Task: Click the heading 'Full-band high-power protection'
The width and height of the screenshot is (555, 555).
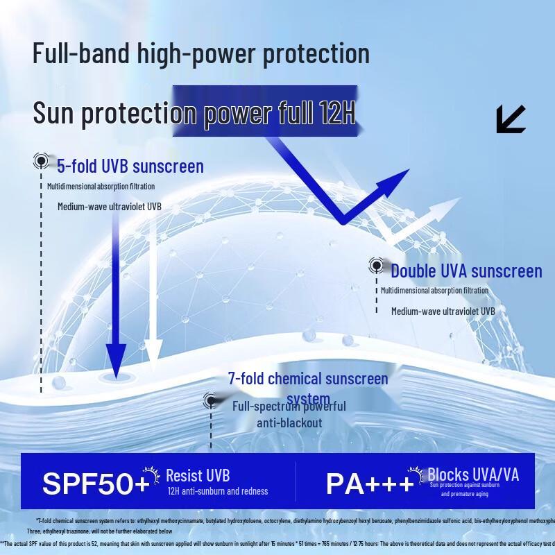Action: (201, 53)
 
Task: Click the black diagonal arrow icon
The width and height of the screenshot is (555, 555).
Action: (511, 119)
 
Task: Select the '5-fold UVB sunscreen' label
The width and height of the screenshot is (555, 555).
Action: (130, 166)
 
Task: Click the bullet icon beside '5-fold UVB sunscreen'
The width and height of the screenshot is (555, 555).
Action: (42, 162)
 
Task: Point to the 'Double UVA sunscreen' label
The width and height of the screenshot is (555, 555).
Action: (466, 271)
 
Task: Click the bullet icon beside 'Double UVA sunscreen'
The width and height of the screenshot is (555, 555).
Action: (376, 265)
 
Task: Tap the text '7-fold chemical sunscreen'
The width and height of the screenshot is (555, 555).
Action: (308, 379)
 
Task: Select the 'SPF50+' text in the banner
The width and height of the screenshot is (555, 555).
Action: (96, 484)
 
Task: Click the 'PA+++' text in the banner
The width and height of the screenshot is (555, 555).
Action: (370, 484)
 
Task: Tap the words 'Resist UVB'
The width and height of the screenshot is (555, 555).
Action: (198, 476)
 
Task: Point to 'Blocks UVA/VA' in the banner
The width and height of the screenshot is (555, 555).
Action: (473, 475)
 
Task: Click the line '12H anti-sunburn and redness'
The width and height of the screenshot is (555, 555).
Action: (217, 491)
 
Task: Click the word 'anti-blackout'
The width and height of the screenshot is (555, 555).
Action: (289, 422)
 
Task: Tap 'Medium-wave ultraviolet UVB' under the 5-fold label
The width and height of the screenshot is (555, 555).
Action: (110, 207)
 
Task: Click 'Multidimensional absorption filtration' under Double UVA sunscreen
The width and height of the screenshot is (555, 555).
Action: (434, 291)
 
